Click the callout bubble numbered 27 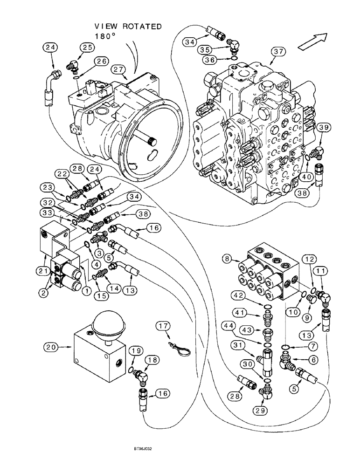pyautogui.click(x=118, y=69)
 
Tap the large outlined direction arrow pyautogui.click(x=313, y=40)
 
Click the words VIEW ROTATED pyautogui.click(x=128, y=27)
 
